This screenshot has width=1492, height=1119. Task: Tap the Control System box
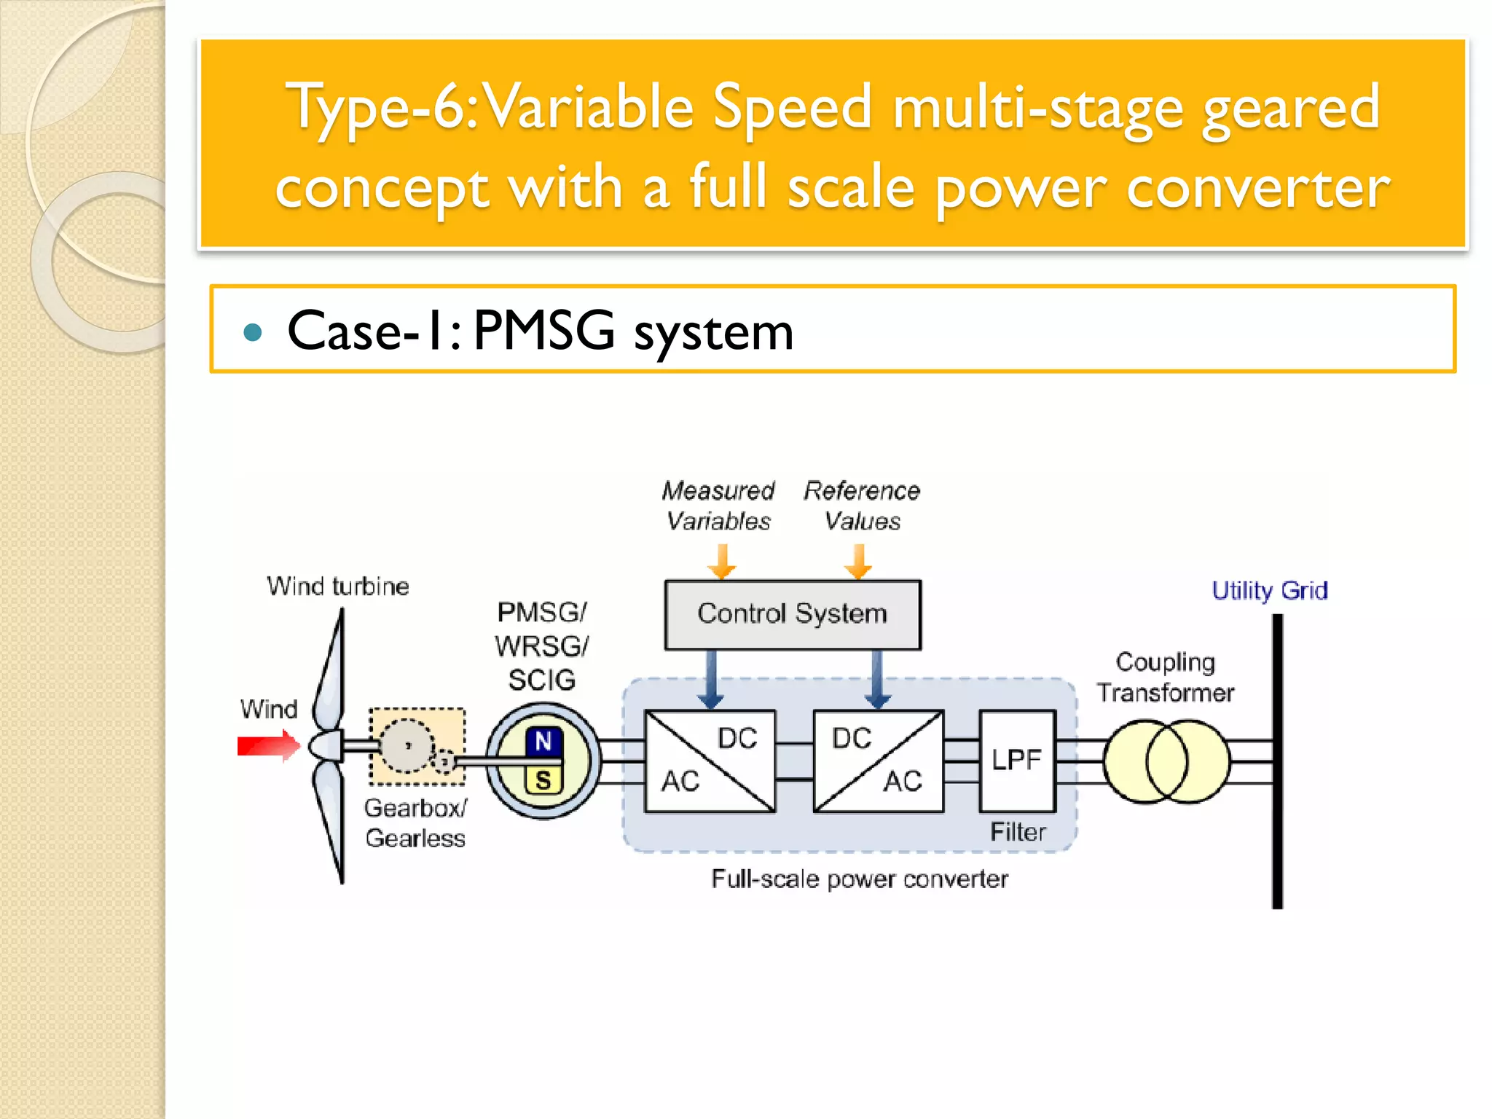point(792,614)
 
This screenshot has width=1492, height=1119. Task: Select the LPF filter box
point(1017,761)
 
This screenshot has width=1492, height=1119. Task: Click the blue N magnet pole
point(543,742)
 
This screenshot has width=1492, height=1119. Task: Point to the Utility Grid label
point(1269,590)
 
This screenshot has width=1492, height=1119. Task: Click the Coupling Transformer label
point(1165,677)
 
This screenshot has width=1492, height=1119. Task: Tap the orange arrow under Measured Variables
point(721,562)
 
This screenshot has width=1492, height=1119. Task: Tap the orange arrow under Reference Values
point(859,562)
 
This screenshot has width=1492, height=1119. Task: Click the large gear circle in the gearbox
point(408,745)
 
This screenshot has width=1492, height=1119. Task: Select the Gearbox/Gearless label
point(415,823)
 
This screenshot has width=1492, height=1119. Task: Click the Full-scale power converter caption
point(860,879)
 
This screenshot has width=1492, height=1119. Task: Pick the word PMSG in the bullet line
point(543,331)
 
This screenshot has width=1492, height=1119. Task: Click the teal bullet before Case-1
point(253,333)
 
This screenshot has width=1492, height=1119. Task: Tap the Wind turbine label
point(338,586)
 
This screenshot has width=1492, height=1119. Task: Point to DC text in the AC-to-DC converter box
point(737,739)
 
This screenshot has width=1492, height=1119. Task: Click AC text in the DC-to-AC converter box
point(903,782)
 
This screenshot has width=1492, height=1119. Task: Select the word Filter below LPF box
point(1018,832)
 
